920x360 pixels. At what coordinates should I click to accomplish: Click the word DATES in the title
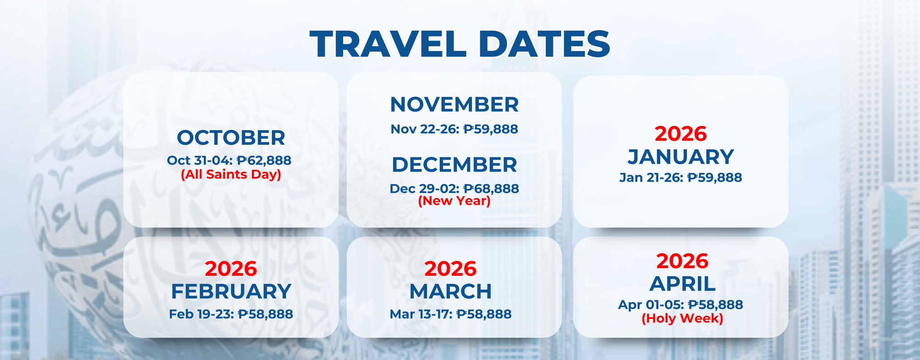(544, 44)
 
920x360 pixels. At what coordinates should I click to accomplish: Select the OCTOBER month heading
(231, 137)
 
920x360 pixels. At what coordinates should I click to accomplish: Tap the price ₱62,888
(264, 160)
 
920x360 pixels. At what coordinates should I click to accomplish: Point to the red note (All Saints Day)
(231, 175)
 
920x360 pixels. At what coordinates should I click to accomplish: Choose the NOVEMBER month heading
(454, 104)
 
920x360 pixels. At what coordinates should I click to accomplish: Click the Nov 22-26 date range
(425, 129)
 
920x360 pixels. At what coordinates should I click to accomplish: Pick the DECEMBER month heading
(454, 165)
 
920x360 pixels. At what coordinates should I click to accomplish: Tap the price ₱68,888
(491, 189)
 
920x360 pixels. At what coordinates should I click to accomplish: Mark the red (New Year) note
(454, 201)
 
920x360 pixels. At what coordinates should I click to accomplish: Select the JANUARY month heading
(681, 157)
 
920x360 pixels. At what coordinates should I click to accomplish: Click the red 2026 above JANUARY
(681, 134)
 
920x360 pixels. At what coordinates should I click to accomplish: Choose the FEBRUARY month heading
(231, 291)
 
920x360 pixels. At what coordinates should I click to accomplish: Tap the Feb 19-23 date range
(201, 314)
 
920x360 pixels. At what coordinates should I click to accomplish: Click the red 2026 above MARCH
(451, 269)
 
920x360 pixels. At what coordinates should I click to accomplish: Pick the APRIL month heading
(683, 284)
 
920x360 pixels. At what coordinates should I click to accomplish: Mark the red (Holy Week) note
(683, 319)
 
